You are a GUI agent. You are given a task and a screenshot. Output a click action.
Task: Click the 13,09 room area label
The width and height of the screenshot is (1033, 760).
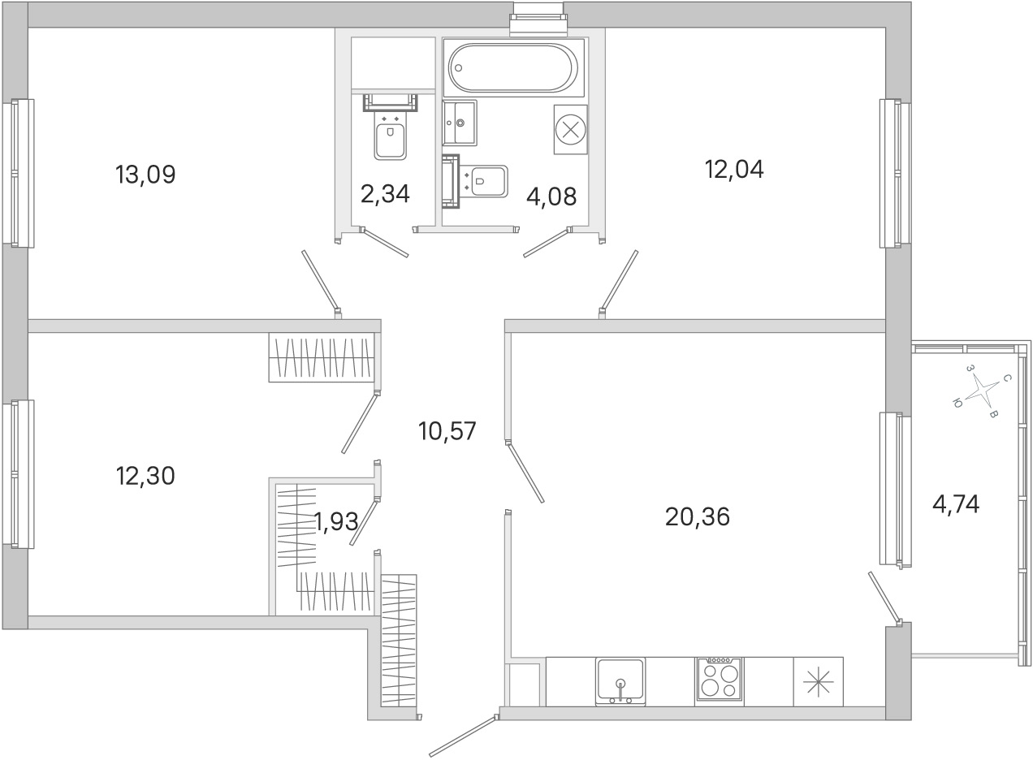coord(145,175)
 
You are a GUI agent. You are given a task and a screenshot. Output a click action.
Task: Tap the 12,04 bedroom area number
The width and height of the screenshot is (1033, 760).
coord(734,170)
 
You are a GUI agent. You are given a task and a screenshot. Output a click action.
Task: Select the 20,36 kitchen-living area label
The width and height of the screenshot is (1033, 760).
coord(698,517)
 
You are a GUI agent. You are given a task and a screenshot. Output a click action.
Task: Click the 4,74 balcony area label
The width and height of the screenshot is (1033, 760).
coord(956,504)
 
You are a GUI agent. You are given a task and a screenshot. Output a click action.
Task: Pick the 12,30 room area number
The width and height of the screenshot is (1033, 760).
coord(145,476)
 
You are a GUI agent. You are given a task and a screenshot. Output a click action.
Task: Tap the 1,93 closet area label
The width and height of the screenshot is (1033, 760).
coord(336,522)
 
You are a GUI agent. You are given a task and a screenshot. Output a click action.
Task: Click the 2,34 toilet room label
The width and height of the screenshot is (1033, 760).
coord(385,194)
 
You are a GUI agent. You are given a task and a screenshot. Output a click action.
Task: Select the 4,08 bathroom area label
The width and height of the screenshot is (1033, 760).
coord(551,197)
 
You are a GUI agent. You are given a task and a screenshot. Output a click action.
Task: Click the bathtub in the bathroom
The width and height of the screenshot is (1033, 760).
coord(513,67)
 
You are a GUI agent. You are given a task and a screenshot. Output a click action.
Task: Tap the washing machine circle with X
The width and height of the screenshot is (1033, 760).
coord(570,130)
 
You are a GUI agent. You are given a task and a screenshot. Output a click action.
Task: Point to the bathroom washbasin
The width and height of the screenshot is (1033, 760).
coord(460,123)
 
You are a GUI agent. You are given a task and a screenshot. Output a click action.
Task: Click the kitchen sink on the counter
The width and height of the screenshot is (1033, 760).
coord(620,682)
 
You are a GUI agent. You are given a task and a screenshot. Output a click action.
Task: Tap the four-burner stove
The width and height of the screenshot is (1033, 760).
coord(720,681)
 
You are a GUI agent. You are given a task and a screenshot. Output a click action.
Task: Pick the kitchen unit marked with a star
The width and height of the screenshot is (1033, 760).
coord(818,681)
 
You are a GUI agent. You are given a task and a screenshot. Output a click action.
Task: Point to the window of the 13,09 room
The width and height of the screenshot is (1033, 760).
coord(19,174)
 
